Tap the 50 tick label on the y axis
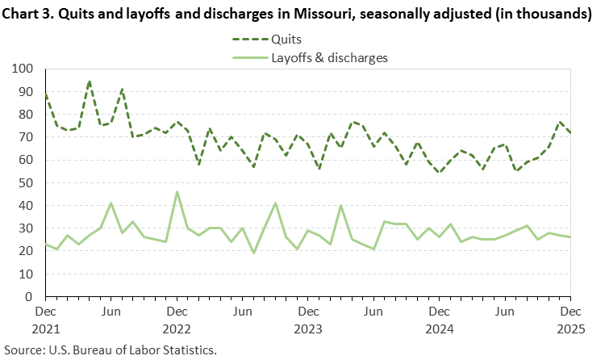[30, 183]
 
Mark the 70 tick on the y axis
[30, 137]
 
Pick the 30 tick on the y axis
[30, 228]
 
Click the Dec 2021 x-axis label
[46, 319]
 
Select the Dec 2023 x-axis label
[308, 319]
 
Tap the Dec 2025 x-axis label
[570, 319]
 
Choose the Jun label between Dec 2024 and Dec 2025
[505, 310]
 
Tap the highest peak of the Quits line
[90, 82]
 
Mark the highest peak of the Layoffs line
[177, 192]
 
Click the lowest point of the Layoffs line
[253, 253]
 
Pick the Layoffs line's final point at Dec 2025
[570, 237]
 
